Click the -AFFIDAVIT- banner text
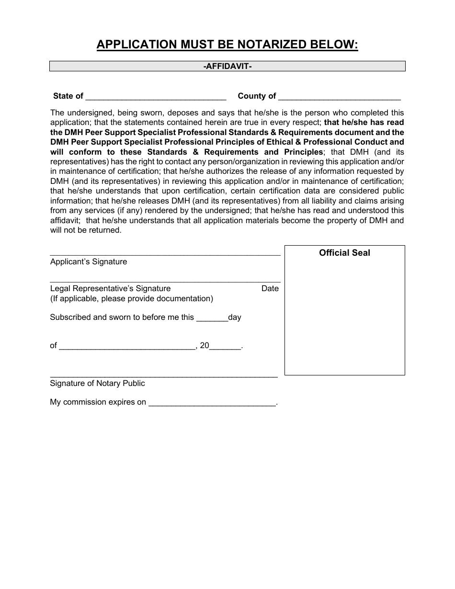coord(227,66)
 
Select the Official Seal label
coord(344,253)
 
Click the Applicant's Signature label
coord(89,262)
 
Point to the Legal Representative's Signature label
coord(110,289)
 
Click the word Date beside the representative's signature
coord(270,289)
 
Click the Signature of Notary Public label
coord(97,384)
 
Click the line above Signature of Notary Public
coord(164,377)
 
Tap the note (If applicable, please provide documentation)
coord(132,299)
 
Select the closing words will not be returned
coord(86,230)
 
